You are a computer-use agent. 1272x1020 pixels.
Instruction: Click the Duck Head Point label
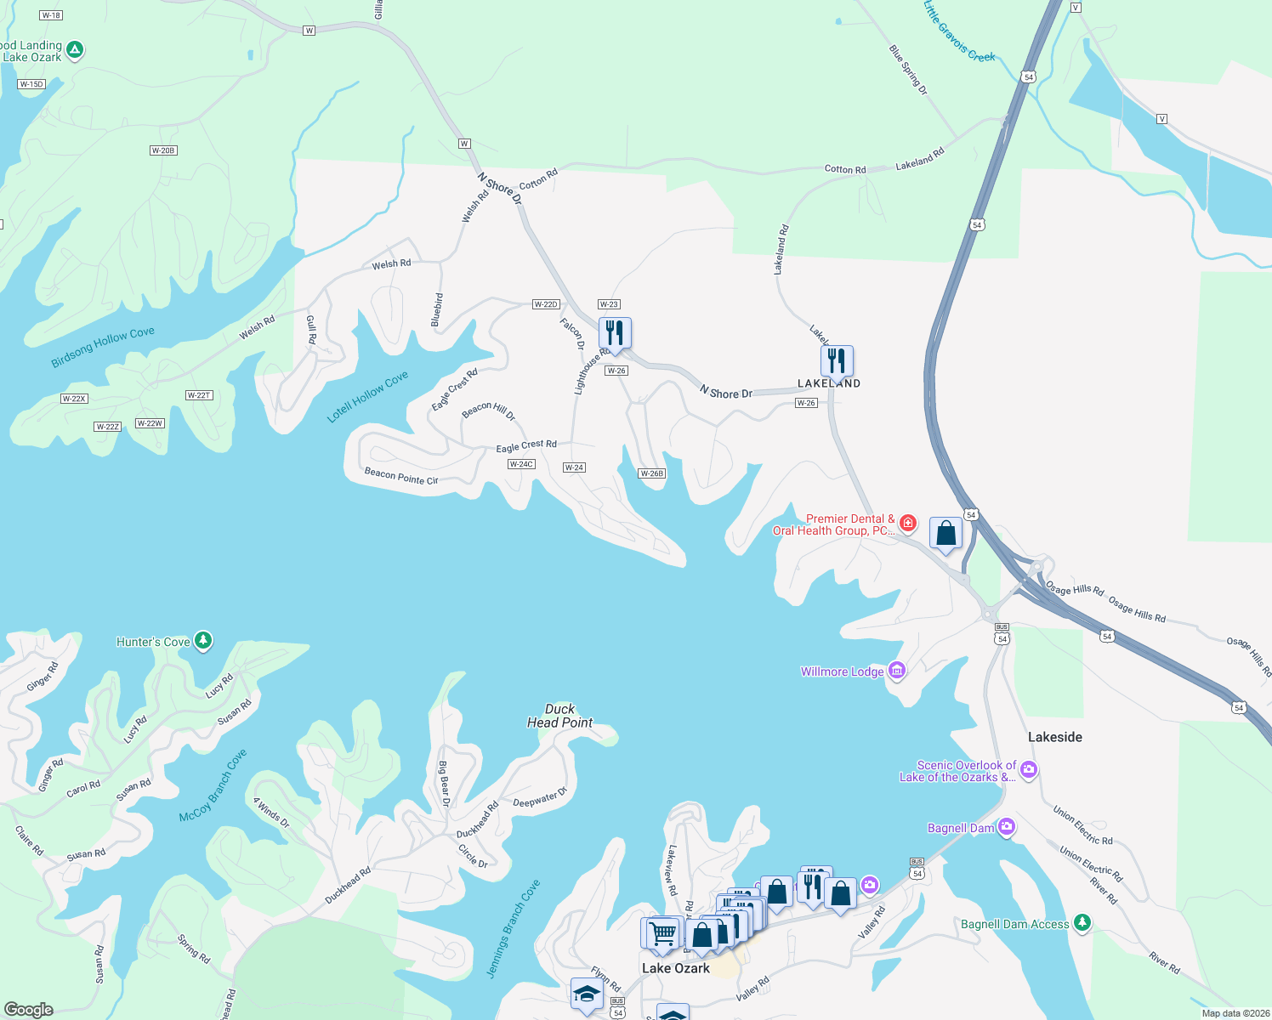pyautogui.click(x=559, y=716)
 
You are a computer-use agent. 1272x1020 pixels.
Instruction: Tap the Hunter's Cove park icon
pyautogui.click(x=203, y=641)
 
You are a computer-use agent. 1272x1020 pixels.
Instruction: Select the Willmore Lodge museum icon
pyautogui.click(x=896, y=671)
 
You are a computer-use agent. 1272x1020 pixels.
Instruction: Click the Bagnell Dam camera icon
pyautogui.click(x=1007, y=827)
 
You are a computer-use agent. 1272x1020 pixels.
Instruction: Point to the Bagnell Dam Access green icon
pyautogui.click(x=1082, y=922)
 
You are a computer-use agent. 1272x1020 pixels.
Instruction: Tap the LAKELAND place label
pyautogui.click(x=829, y=384)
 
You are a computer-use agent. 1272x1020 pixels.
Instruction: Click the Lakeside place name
pyautogui.click(x=1054, y=737)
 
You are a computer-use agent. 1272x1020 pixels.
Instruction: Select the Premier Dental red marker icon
pyautogui.click(x=908, y=523)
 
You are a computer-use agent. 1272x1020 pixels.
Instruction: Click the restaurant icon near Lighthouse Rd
pyautogui.click(x=615, y=332)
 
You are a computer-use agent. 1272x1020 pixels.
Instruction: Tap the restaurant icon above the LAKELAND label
pyautogui.click(x=837, y=360)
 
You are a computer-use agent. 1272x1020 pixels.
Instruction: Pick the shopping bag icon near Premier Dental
pyautogui.click(x=945, y=534)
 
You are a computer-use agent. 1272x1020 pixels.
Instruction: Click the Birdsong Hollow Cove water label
pyautogui.click(x=103, y=347)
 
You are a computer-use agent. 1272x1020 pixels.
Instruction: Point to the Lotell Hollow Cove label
pyautogui.click(x=368, y=396)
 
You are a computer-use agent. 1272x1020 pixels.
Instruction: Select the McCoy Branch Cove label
pyautogui.click(x=213, y=785)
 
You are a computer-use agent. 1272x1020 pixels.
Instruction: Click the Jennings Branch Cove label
pyautogui.click(x=513, y=929)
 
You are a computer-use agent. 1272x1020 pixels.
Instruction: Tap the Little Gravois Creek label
pyautogui.click(x=958, y=31)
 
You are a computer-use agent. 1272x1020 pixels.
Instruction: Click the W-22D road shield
pyautogui.click(x=546, y=304)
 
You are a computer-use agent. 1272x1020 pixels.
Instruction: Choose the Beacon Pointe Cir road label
pyautogui.click(x=401, y=476)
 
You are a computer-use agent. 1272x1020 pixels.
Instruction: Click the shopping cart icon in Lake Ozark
pyautogui.click(x=662, y=933)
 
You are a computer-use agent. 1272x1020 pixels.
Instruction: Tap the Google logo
pyautogui.click(x=29, y=1009)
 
